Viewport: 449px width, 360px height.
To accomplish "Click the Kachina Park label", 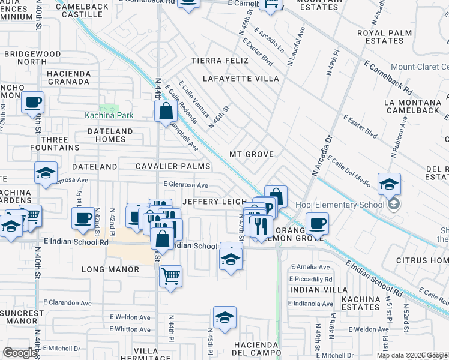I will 109,114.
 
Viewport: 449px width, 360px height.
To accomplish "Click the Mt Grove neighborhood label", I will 252,154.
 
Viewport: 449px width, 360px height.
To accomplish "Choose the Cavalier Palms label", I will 173,166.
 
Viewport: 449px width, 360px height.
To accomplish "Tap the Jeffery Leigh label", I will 214,202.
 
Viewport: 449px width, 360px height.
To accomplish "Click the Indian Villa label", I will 312,289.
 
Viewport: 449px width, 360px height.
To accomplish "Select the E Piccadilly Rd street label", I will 310,279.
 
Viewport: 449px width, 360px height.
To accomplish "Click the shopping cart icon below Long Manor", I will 171,277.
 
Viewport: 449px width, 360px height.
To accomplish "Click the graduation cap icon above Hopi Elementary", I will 389,184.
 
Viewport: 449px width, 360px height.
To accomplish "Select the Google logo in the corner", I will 20,353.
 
